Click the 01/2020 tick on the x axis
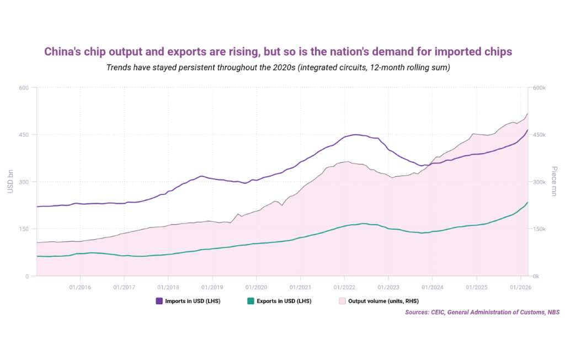tap(256, 287)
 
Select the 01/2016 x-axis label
tap(80, 287)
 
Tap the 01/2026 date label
tap(520, 287)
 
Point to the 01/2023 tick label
tap(388, 287)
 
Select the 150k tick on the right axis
tap(539, 229)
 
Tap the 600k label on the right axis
tap(539, 88)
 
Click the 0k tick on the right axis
tap(536, 276)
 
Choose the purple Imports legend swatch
tap(159, 301)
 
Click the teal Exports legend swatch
tap(250, 301)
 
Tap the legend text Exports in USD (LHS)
tap(284, 301)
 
